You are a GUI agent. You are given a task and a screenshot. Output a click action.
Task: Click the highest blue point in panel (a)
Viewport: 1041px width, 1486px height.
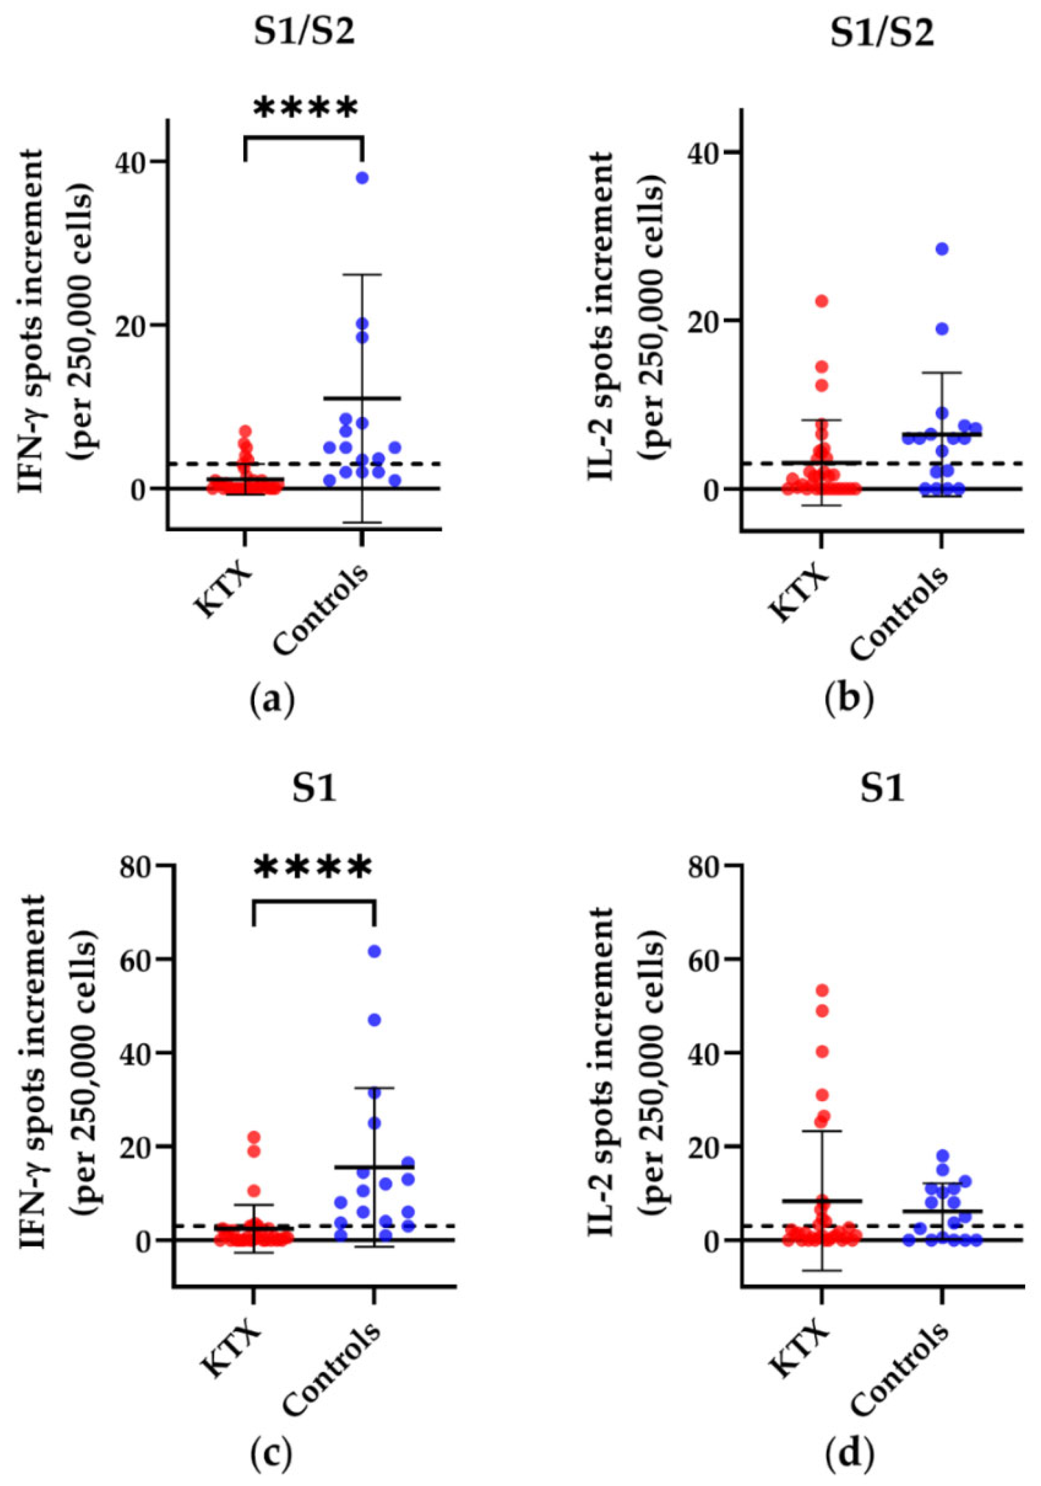pyautogui.click(x=362, y=178)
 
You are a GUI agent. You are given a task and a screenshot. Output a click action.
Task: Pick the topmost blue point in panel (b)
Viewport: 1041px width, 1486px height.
pyautogui.click(x=942, y=249)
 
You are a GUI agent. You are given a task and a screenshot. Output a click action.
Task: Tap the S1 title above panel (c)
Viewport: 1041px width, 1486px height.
pyautogui.click(x=316, y=791)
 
